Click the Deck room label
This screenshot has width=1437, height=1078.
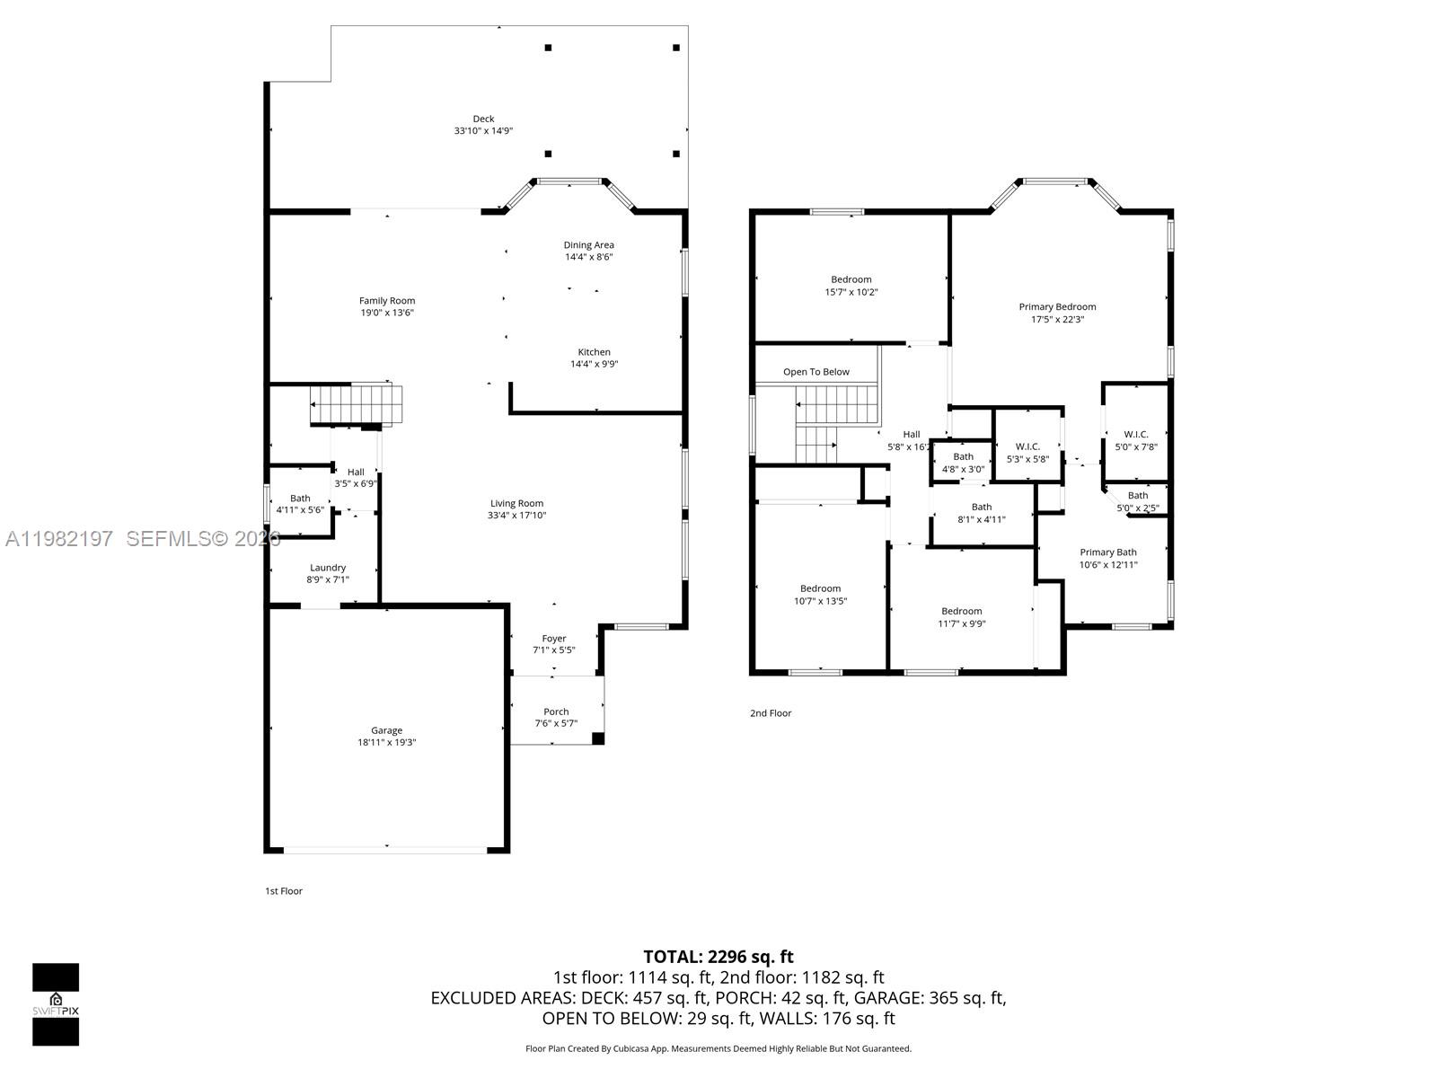[x=483, y=119]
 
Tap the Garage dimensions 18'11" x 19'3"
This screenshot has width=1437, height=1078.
[x=386, y=743]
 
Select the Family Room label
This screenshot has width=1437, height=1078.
[x=387, y=301]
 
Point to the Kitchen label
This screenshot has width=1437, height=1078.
[x=594, y=352]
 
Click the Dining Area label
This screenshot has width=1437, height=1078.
[x=588, y=244]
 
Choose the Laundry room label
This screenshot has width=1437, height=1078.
[x=328, y=568]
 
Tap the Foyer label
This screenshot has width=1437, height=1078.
[x=554, y=639]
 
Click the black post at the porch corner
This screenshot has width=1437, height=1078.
[x=598, y=738]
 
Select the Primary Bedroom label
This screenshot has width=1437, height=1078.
[x=1057, y=307]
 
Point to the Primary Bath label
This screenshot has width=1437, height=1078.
[x=1107, y=552]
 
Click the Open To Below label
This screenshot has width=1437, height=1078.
[x=815, y=372]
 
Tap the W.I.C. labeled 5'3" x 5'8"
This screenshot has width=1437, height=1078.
[x=1027, y=446]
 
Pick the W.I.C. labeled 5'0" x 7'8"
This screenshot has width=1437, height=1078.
[x=1136, y=435]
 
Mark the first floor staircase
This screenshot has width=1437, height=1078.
[x=356, y=404]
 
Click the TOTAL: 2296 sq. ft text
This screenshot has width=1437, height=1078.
[x=718, y=957]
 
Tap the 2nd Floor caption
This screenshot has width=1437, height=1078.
[x=771, y=713]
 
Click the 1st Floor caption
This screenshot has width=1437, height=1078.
[x=283, y=891]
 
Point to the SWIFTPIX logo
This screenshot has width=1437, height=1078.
[x=56, y=1004]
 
